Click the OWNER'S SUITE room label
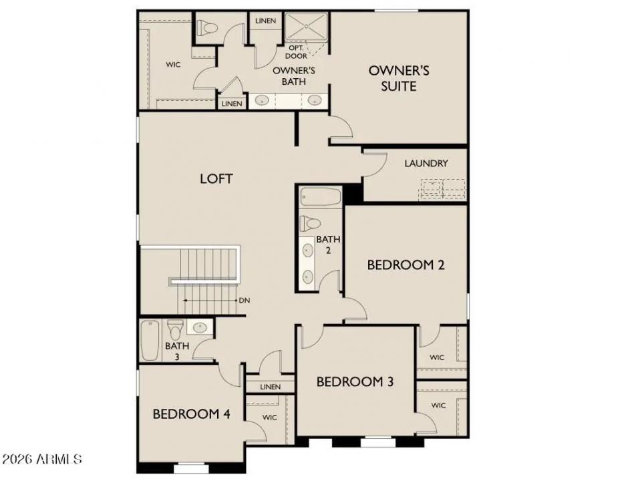click(399, 78)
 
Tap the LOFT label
click(216, 178)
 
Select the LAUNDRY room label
click(426, 163)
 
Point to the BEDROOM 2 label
click(406, 265)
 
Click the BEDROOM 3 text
click(355, 381)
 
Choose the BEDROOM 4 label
click(191, 414)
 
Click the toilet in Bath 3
click(176, 329)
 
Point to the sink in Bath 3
click(200, 327)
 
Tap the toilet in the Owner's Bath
click(208, 28)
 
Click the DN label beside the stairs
click(244, 301)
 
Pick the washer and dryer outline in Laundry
click(442, 189)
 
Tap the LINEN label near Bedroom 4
click(270, 387)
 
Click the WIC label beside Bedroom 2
click(437, 357)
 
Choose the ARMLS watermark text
click(41, 460)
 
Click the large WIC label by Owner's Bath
click(174, 65)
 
